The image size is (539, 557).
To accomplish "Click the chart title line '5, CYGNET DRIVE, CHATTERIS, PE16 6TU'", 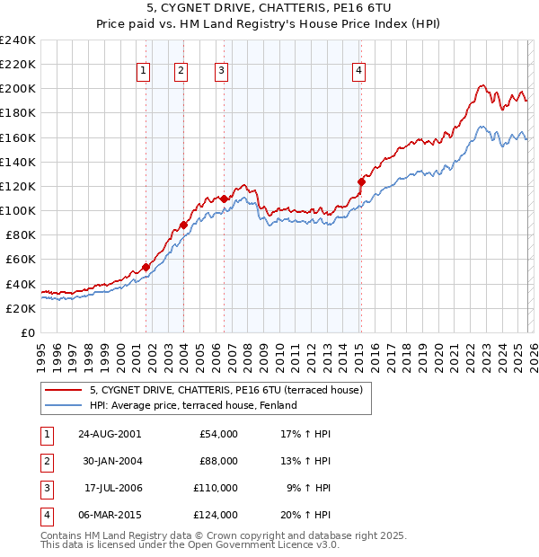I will pos(269,8).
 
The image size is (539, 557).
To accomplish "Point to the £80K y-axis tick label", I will pos(20,235).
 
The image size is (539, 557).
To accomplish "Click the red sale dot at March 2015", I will pos(361,181).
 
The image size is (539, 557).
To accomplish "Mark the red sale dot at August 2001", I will pos(146,267).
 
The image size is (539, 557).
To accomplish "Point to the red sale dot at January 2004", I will pos(184,225).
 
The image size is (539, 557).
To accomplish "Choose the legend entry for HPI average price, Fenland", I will pos(193,405).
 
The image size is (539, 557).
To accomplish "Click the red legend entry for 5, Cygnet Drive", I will pos(225,390).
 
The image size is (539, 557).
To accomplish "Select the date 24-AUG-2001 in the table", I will pos(110,434).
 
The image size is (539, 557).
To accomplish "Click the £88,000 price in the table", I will pos(218,461).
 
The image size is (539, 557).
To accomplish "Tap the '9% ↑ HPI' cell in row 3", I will pos(308,488).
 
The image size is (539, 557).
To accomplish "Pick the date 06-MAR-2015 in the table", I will pos(110,515).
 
